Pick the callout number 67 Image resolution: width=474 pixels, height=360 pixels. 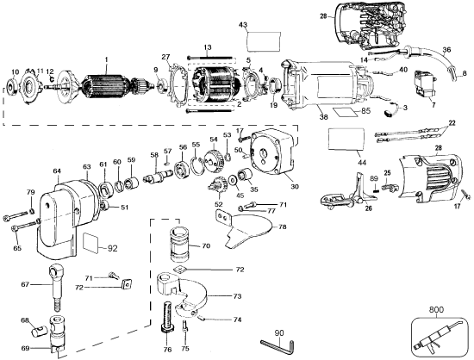coord(25,283)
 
